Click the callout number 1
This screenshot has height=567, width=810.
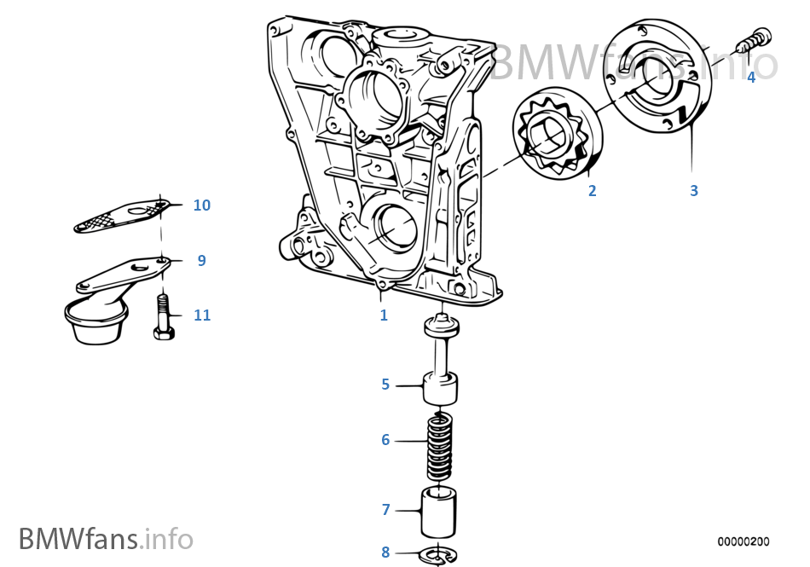(x=384, y=315)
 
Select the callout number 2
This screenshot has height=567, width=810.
(x=593, y=191)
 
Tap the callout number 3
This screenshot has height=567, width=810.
(x=694, y=191)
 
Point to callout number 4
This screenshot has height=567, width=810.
(x=751, y=78)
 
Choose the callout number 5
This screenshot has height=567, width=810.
(x=385, y=385)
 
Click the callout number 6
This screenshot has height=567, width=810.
(x=385, y=440)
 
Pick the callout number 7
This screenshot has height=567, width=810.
(x=385, y=510)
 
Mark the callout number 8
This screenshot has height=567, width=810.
(x=385, y=552)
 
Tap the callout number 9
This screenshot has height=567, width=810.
(x=202, y=261)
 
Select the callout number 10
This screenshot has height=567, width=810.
(x=202, y=205)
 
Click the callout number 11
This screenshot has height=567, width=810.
(x=202, y=315)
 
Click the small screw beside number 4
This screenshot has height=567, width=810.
(x=755, y=39)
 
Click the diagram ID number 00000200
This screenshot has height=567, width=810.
(x=743, y=541)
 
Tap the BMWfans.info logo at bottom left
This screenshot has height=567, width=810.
(x=106, y=539)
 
